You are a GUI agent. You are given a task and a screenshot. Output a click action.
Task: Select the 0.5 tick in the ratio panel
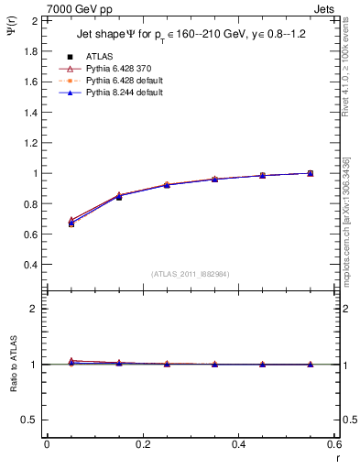pos(28,420)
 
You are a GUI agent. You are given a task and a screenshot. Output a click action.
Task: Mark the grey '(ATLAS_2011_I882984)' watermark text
pos(191,274)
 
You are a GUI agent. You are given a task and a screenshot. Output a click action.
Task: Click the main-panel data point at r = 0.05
pos(71,224)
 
